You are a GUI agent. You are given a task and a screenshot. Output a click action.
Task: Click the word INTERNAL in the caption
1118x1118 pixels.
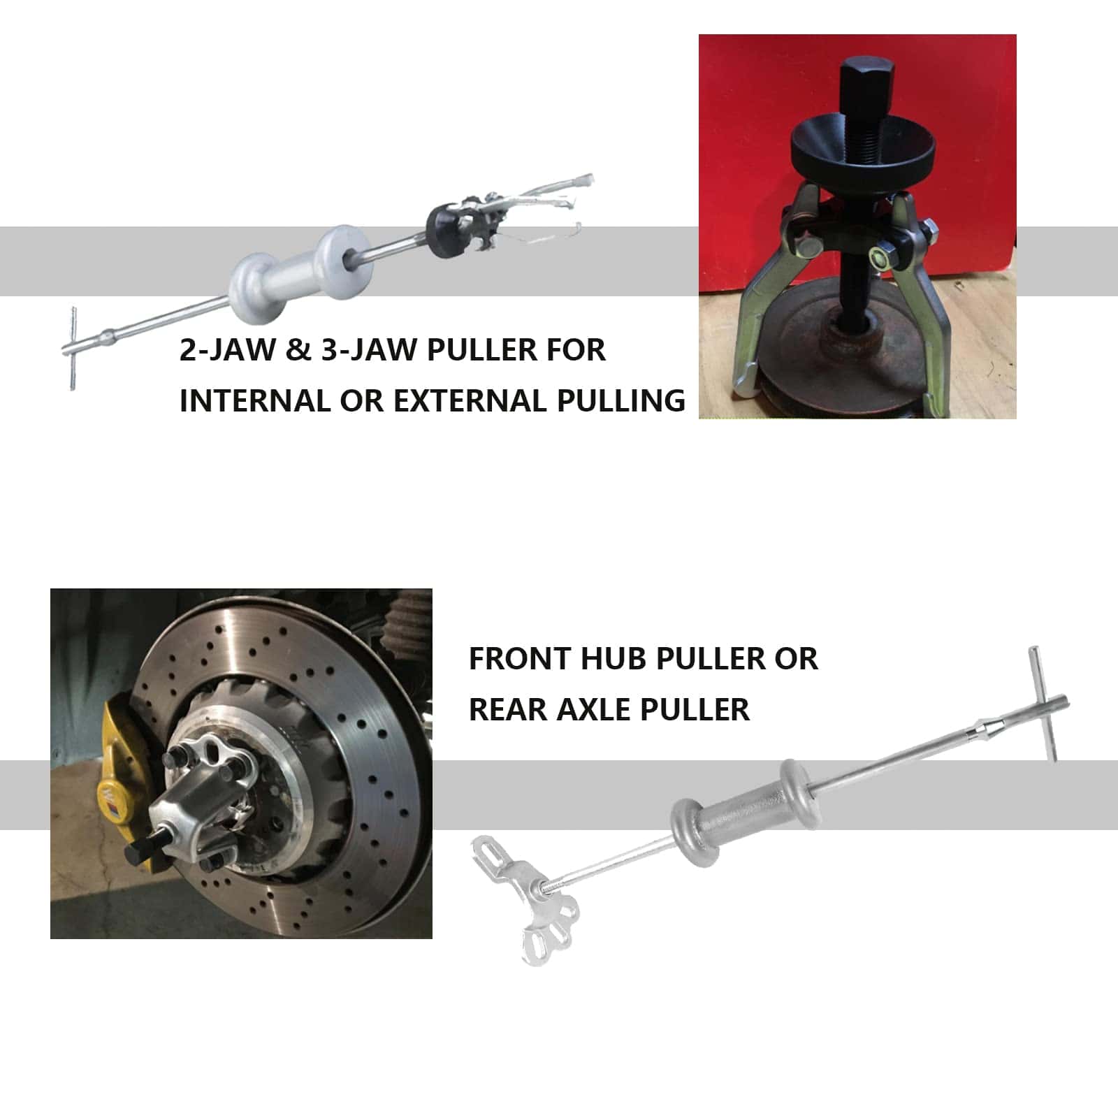pyautogui.click(x=254, y=401)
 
